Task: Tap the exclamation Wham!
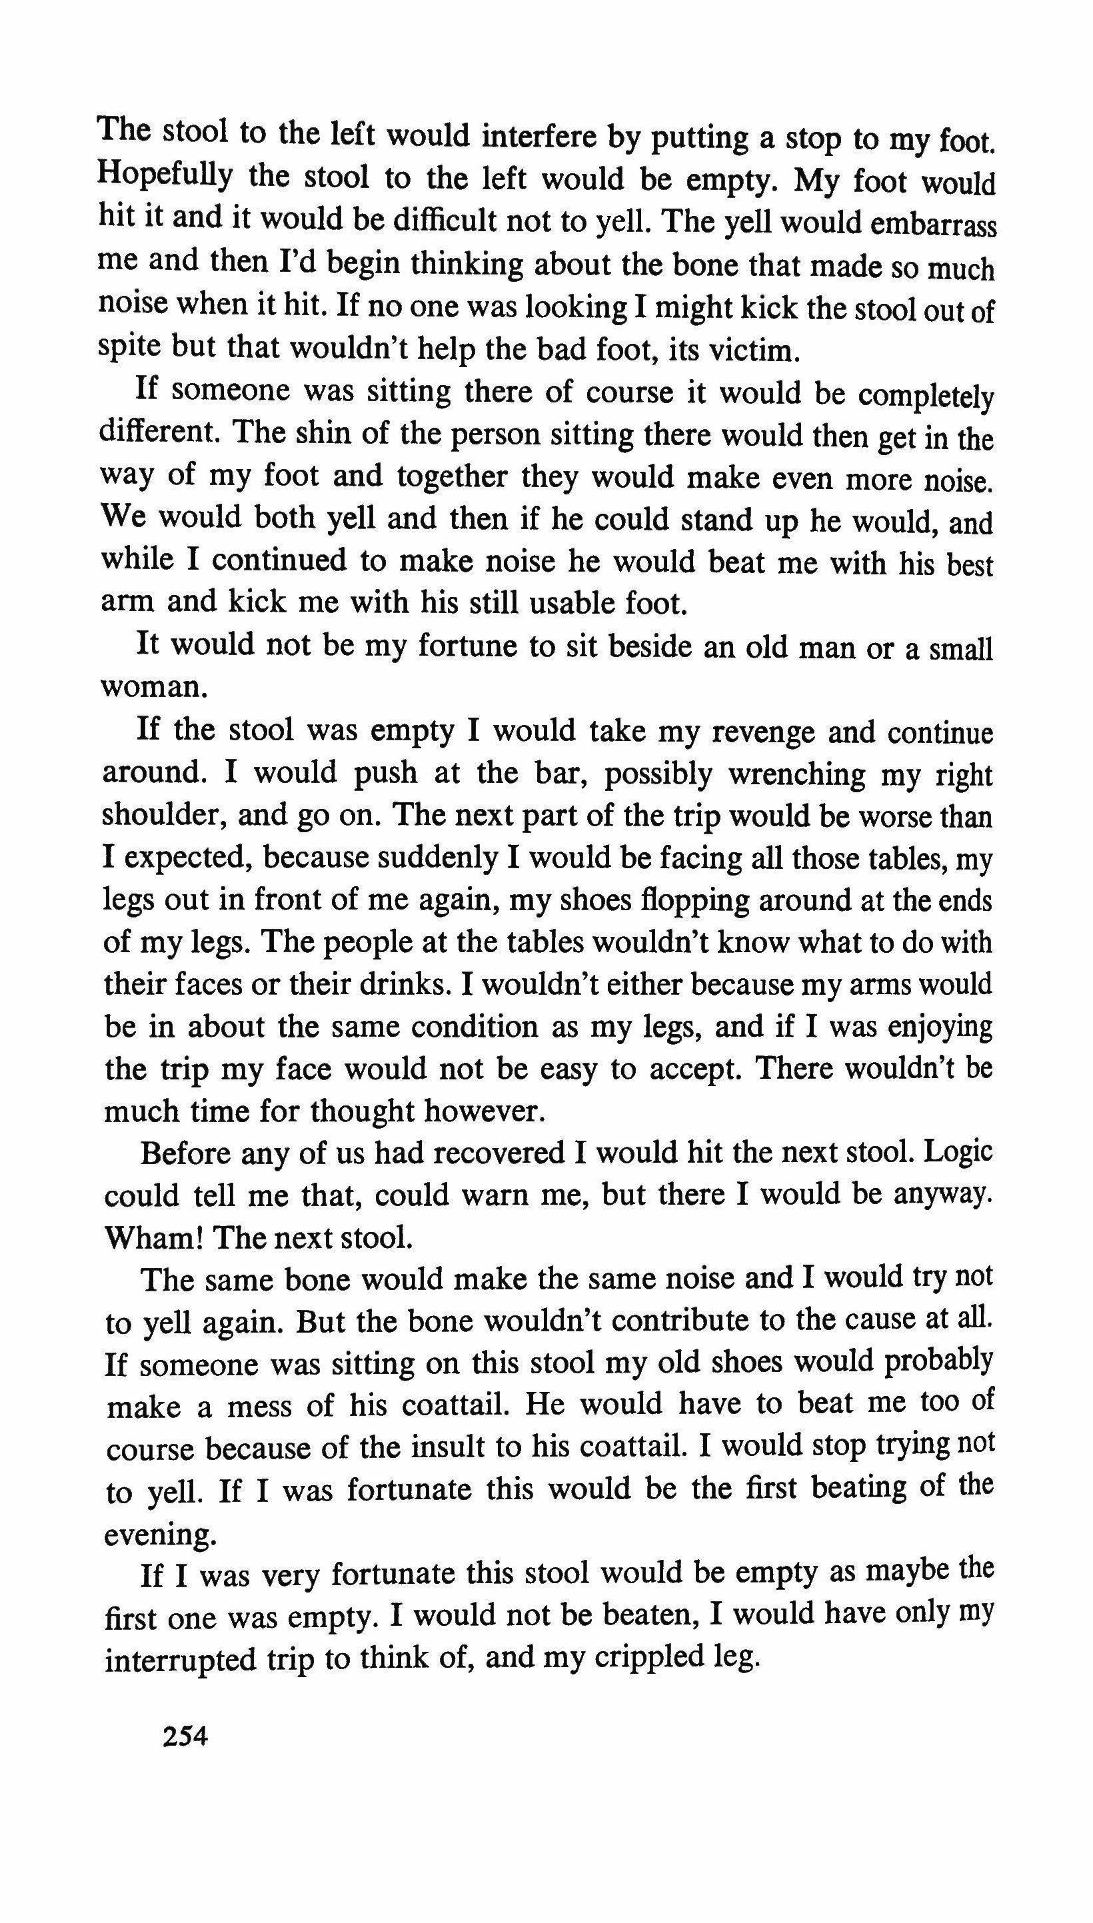(155, 1237)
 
